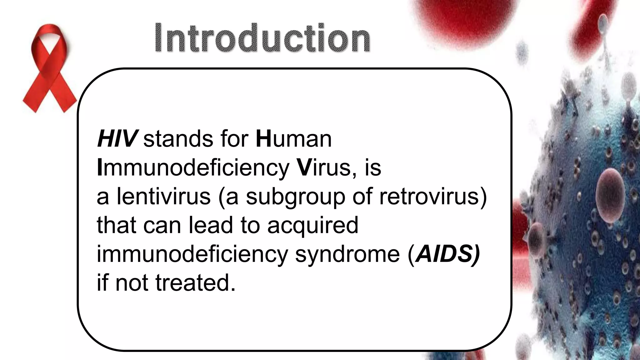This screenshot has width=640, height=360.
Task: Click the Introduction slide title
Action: click(262, 38)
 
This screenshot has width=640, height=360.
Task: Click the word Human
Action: click(293, 139)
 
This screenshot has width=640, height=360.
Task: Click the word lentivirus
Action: click(163, 197)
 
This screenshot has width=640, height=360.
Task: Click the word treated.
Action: click(195, 283)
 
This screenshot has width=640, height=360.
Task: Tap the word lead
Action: click(211, 225)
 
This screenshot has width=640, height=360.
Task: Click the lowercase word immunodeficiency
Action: click(192, 254)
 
